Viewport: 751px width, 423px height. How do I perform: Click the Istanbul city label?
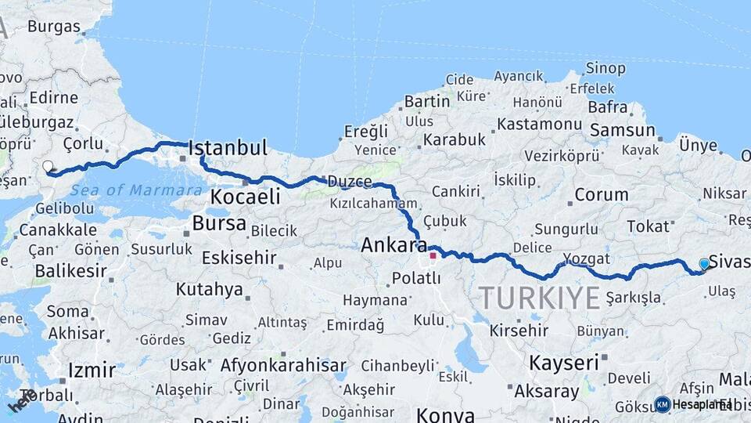coord(228,147)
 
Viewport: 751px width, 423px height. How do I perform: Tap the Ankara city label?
coord(394,245)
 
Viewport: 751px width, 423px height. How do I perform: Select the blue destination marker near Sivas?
coord(704,264)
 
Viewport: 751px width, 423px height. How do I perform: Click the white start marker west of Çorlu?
coord(49,166)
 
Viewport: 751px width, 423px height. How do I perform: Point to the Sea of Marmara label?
coord(136,190)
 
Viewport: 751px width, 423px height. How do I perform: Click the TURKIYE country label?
coord(539,298)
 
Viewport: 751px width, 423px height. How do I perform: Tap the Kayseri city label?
coord(564,363)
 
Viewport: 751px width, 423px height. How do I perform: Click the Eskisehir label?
coord(239,258)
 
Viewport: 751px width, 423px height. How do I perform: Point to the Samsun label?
coord(623,130)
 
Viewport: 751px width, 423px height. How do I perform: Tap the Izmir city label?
coord(92,370)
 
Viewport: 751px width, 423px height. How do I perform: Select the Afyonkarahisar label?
coord(282,365)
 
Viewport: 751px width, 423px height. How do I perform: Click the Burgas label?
coord(54,27)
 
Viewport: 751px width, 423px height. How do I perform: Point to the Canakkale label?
coord(58,230)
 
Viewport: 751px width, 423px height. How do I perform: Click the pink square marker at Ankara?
coord(433,255)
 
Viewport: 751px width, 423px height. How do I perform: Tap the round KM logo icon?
coord(662,404)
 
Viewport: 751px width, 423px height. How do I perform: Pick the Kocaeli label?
coord(246,197)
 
